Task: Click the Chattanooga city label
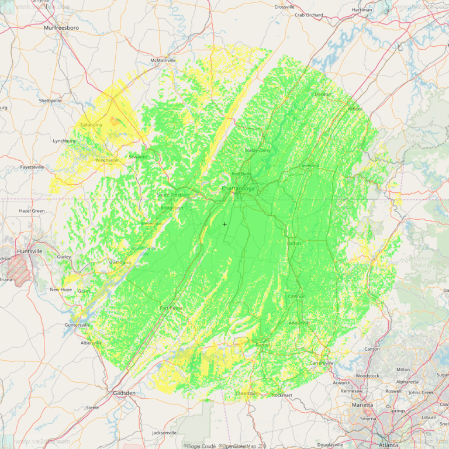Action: [238, 189]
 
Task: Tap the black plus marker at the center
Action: [224, 224]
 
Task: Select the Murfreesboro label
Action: [61, 27]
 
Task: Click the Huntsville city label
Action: [29, 251]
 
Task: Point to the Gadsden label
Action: [124, 393]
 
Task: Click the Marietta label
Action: [362, 405]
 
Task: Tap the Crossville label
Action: [284, 7]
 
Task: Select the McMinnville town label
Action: [163, 60]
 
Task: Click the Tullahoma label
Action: [91, 125]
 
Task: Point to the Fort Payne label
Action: [171, 308]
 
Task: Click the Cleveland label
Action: [309, 166]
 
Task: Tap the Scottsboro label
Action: [120, 263]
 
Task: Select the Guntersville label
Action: [77, 325]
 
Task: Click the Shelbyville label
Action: [50, 101]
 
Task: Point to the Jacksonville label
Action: [164, 433]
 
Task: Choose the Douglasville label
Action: [330, 445]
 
